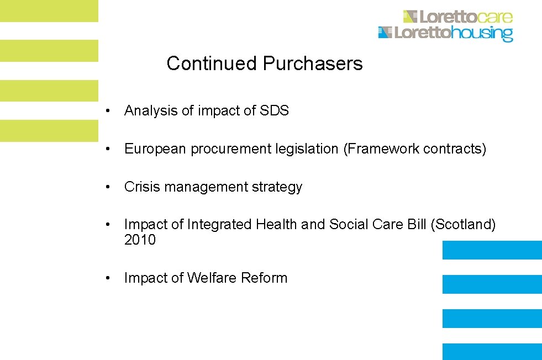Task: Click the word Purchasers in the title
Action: pyautogui.click(x=313, y=63)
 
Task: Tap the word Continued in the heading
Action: pyautogui.click(x=212, y=63)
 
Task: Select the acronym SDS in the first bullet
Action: pyautogui.click(x=274, y=110)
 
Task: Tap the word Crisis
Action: pyautogui.click(x=140, y=187)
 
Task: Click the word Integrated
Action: pyautogui.click(x=219, y=225)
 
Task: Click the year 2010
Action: pyautogui.click(x=140, y=240)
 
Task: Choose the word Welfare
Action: pyautogui.click(x=212, y=278)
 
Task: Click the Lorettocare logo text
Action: pyautogui.click(x=466, y=17)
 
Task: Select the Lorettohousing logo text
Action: pyautogui.click(x=453, y=33)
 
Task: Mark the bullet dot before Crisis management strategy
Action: pyautogui.click(x=111, y=187)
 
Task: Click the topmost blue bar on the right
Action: pyautogui.click(x=492, y=250)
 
